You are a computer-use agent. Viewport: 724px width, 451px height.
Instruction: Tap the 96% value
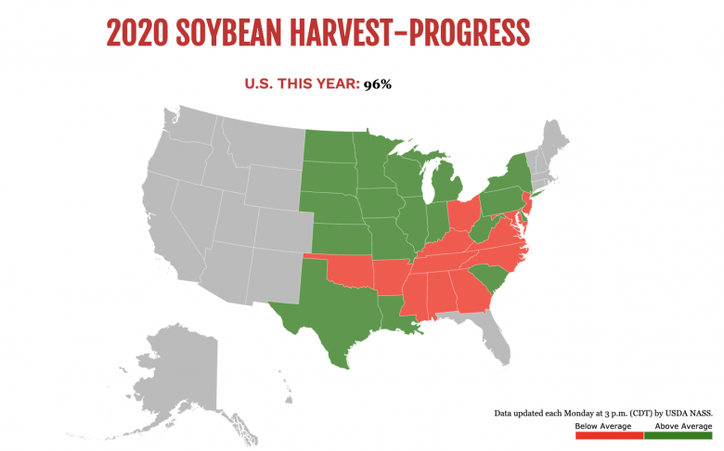pyautogui.click(x=378, y=84)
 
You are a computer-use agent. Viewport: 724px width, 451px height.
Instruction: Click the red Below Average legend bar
pyautogui.click(x=609, y=435)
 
